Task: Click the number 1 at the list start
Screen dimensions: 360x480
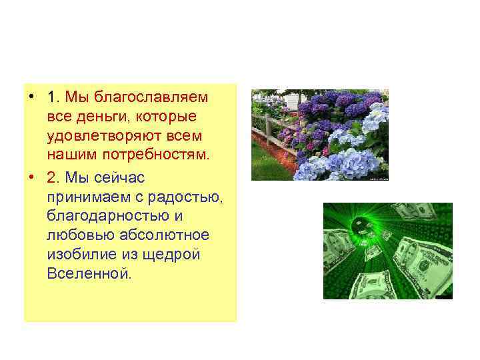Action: [x=52, y=98]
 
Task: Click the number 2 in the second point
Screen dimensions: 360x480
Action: [x=52, y=179]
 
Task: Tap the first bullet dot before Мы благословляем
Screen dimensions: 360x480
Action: [x=31, y=98]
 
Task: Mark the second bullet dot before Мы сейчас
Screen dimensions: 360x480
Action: [x=31, y=179]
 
